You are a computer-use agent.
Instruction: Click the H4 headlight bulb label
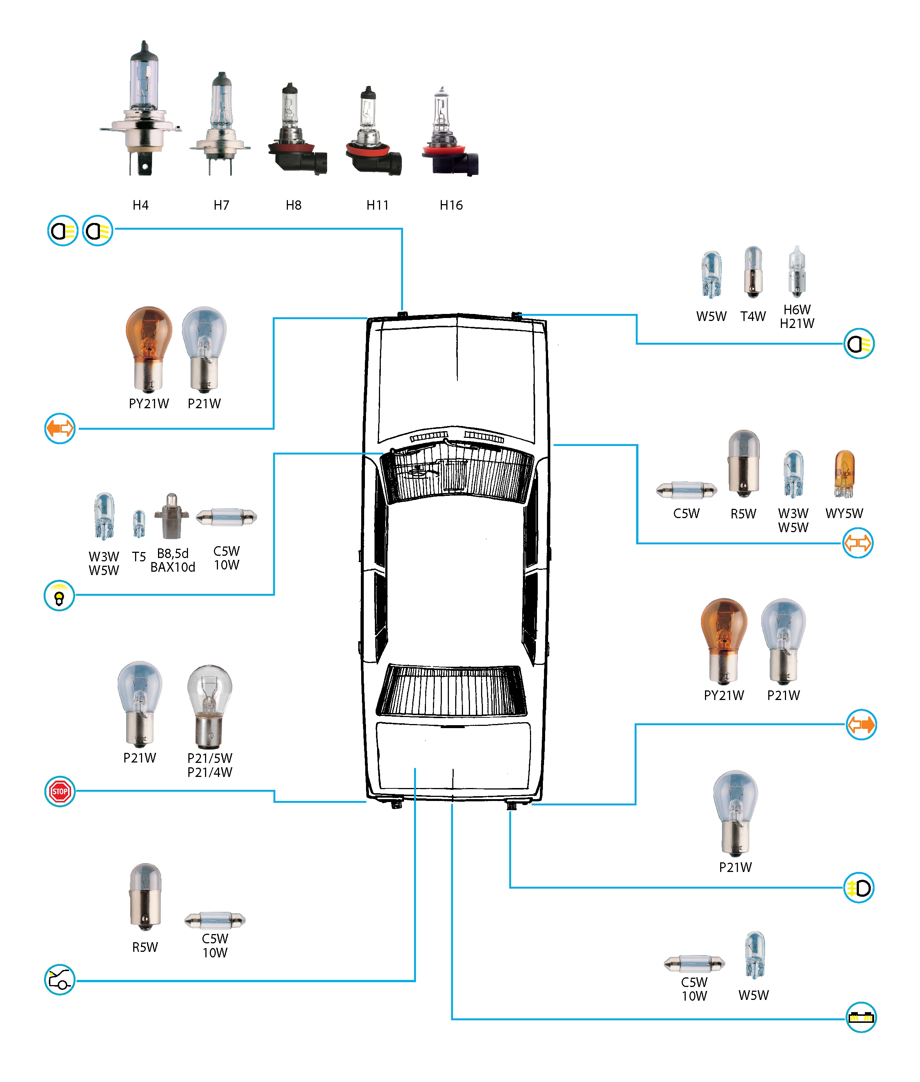[140, 205]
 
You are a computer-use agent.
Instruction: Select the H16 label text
[451, 205]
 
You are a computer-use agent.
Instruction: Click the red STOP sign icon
[60, 791]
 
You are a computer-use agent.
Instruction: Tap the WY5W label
[844, 513]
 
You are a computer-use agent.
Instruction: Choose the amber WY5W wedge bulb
[844, 473]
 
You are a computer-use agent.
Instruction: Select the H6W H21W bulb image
[796, 271]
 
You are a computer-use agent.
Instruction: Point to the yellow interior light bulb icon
[59, 596]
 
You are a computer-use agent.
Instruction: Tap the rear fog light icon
[859, 887]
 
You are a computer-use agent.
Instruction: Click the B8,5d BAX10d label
[172, 560]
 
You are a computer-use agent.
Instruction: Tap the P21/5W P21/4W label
[210, 765]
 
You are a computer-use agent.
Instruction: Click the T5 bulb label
[139, 557]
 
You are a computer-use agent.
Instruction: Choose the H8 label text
[293, 205]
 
